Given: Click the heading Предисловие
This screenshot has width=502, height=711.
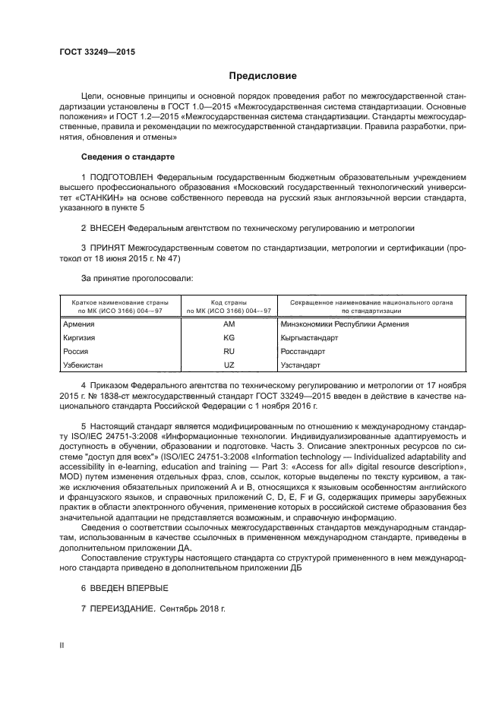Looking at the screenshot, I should (257, 77).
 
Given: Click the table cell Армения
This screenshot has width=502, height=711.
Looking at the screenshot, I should (78, 324).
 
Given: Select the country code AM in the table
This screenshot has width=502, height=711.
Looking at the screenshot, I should (229, 324).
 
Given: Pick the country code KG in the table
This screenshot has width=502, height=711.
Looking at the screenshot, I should (229, 338).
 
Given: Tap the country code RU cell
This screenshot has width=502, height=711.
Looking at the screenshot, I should (229, 352).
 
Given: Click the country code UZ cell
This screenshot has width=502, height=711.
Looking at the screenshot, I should (229, 365).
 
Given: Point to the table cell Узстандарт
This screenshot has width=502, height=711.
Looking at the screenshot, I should (301, 365).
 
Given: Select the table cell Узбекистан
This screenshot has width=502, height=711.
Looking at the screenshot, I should (84, 365).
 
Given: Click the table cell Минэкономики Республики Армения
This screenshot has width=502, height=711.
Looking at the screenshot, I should (344, 324).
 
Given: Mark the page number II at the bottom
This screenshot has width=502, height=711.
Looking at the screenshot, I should (62, 646).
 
